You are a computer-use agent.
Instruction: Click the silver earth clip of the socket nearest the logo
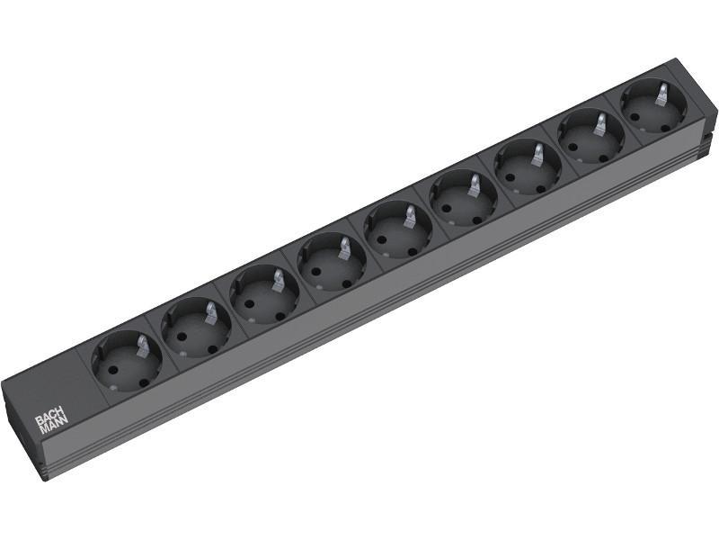(143, 345)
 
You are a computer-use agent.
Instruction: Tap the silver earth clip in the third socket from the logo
(278, 280)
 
